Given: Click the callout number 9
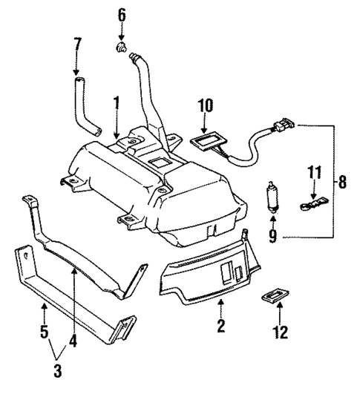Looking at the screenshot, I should click(271, 237).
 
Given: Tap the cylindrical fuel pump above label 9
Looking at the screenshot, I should click(271, 199).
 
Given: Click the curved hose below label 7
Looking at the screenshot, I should click(85, 104).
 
